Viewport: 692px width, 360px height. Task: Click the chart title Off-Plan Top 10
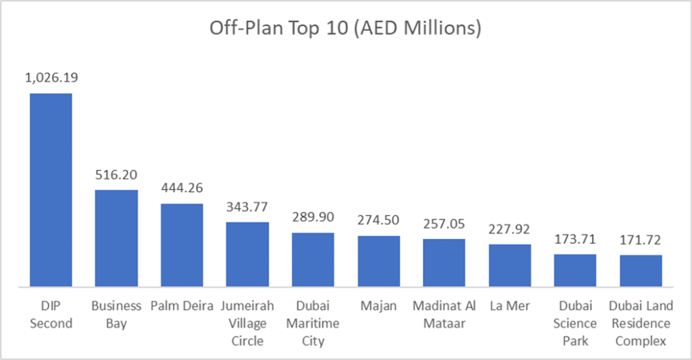(x=345, y=29)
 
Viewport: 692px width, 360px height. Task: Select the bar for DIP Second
(x=50, y=189)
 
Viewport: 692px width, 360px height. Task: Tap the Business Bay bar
(x=116, y=238)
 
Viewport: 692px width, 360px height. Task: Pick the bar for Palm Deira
(x=182, y=245)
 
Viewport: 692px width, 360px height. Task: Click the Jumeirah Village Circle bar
(x=247, y=254)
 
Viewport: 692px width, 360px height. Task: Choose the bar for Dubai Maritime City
(x=313, y=259)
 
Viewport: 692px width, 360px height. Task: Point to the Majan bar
(x=378, y=261)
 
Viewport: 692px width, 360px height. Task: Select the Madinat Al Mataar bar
(x=444, y=262)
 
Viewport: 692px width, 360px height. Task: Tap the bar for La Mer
(x=510, y=265)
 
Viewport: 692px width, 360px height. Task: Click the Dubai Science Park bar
(x=575, y=270)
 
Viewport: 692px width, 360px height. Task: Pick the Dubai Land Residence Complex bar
(x=641, y=270)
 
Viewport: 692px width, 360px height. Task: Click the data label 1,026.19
(x=51, y=78)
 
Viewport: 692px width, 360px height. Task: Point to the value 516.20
(x=116, y=175)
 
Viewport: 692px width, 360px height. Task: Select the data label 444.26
(x=182, y=188)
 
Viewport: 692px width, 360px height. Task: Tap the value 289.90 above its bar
(x=313, y=217)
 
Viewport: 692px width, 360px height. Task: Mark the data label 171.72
(x=641, y=240)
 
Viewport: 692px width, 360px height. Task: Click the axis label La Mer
(x=510, y=306)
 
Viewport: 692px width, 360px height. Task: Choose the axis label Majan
(x=378, y=306)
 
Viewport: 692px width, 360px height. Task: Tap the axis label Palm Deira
(x=182, y=306)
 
